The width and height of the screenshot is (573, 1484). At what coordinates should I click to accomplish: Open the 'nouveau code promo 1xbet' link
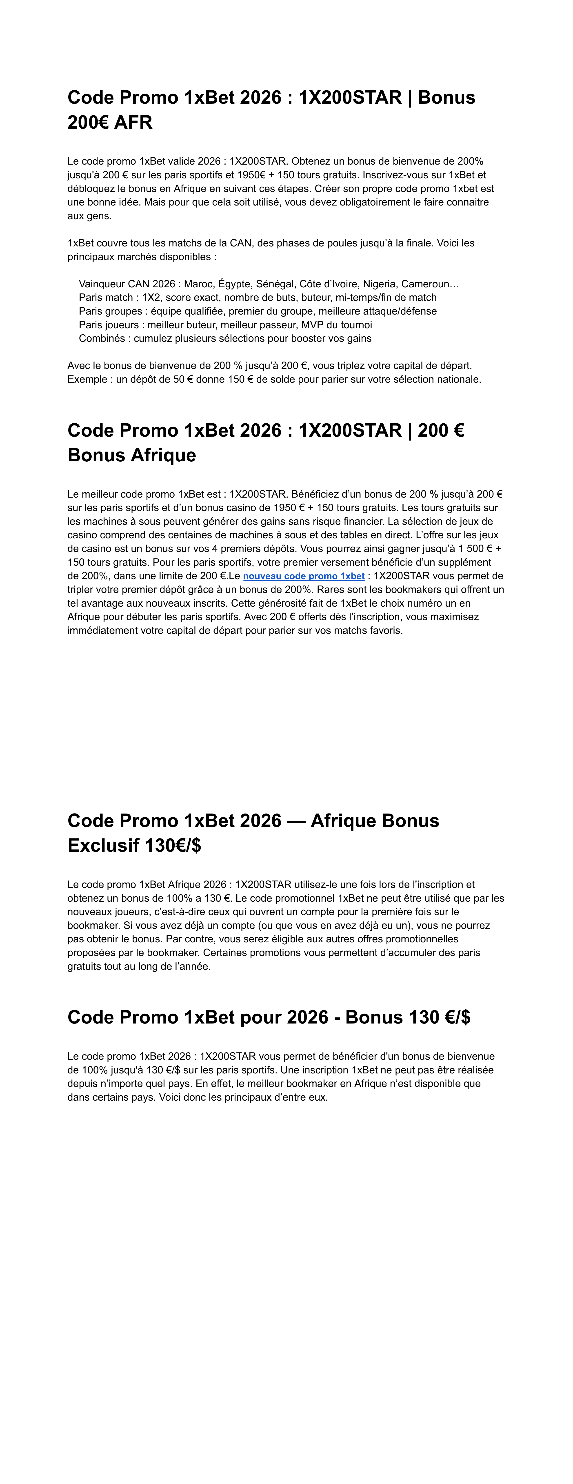(x=304, y=576)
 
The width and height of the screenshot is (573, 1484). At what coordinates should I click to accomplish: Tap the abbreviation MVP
(x=312, y=325)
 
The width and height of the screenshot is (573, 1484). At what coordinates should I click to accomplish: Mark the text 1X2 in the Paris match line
(x=151, y=298)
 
